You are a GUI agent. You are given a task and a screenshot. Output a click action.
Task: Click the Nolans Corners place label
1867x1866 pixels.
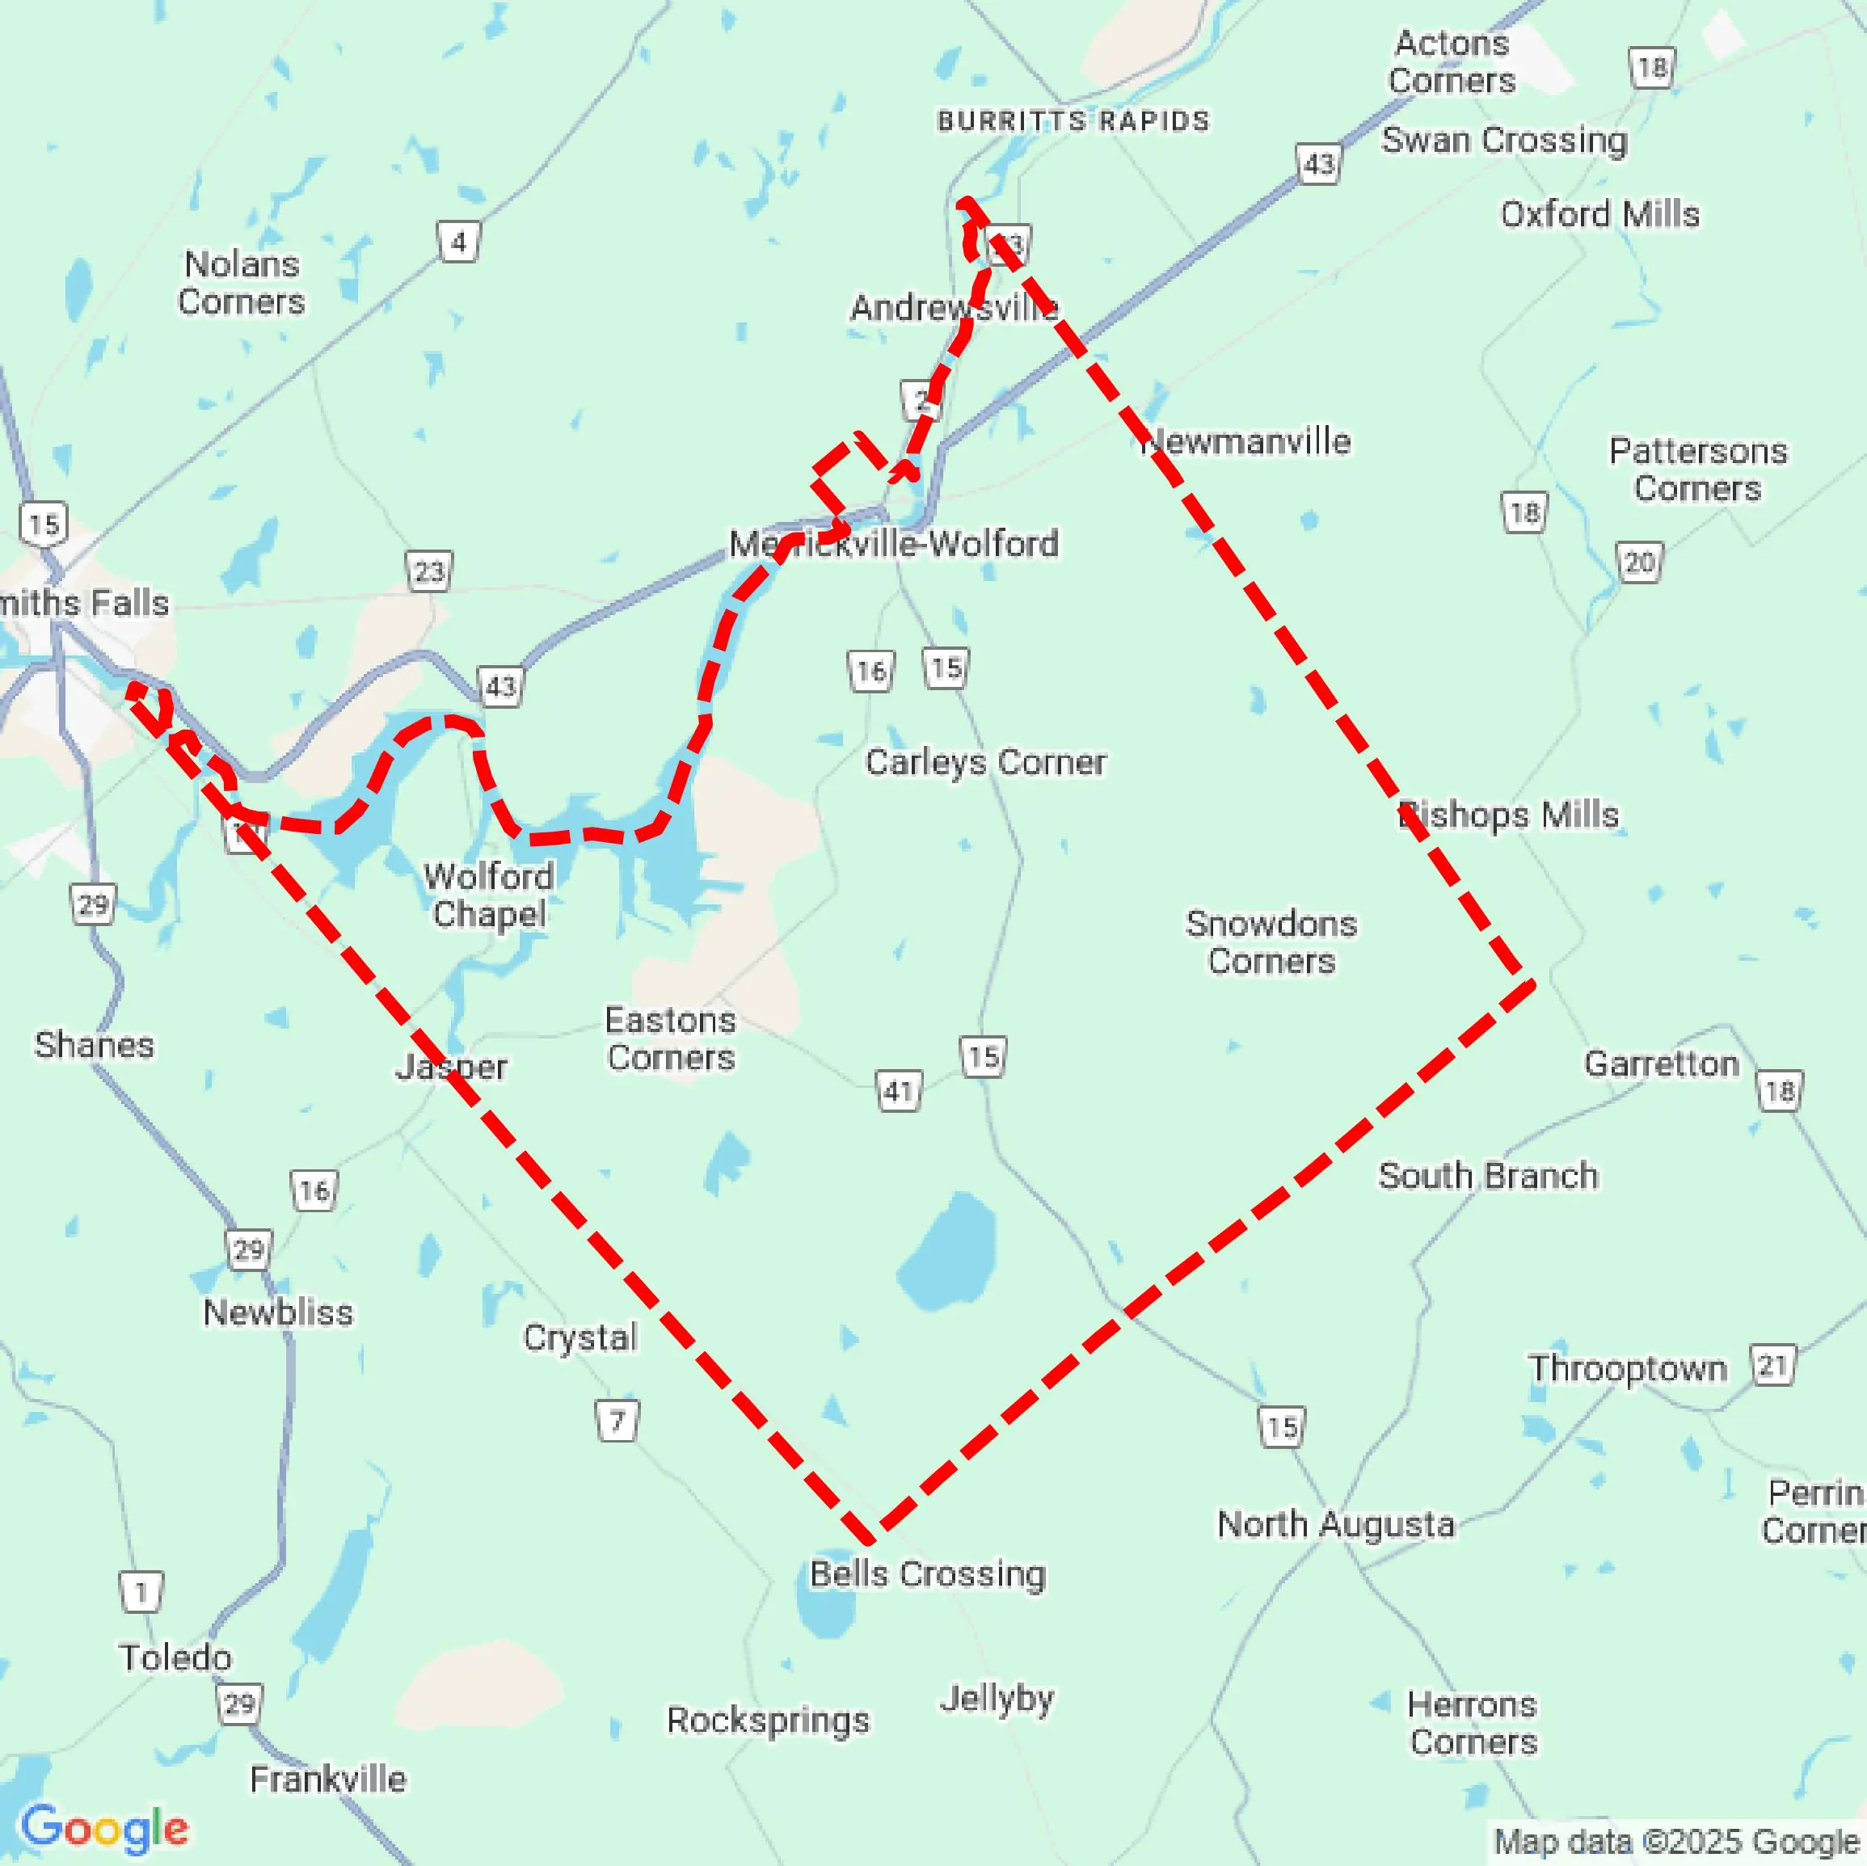242,282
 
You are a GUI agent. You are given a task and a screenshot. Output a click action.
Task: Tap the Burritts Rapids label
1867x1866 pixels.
1073,120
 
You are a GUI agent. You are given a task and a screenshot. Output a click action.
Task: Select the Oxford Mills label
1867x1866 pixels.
1599,213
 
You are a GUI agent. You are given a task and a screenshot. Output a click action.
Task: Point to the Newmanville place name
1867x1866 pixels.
1246,441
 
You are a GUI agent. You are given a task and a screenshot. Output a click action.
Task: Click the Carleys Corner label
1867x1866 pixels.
986,761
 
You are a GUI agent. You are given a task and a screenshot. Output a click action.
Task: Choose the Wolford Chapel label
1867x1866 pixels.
489,895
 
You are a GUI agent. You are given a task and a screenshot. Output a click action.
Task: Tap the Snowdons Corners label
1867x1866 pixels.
1271,942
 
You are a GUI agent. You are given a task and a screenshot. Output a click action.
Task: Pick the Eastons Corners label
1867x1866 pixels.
671,1038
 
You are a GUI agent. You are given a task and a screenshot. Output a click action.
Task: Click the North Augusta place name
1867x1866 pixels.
1335,1524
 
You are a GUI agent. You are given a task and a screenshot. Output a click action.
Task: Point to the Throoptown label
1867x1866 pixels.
1627,1368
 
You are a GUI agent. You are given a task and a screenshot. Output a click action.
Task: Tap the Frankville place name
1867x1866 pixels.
329,1779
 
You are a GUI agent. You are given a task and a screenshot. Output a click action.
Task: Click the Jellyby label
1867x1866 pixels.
997,1698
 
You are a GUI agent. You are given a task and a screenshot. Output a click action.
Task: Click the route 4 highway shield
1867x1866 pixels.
459,242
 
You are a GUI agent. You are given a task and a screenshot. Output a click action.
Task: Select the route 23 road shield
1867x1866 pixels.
429,572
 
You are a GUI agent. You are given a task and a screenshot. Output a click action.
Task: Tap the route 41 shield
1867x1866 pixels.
899,1091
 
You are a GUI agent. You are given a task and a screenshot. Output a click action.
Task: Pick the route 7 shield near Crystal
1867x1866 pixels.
617,1421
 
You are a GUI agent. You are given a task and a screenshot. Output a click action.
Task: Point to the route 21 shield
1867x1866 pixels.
1773,1366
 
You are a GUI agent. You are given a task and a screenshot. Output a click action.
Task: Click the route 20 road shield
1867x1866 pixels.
1639,562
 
